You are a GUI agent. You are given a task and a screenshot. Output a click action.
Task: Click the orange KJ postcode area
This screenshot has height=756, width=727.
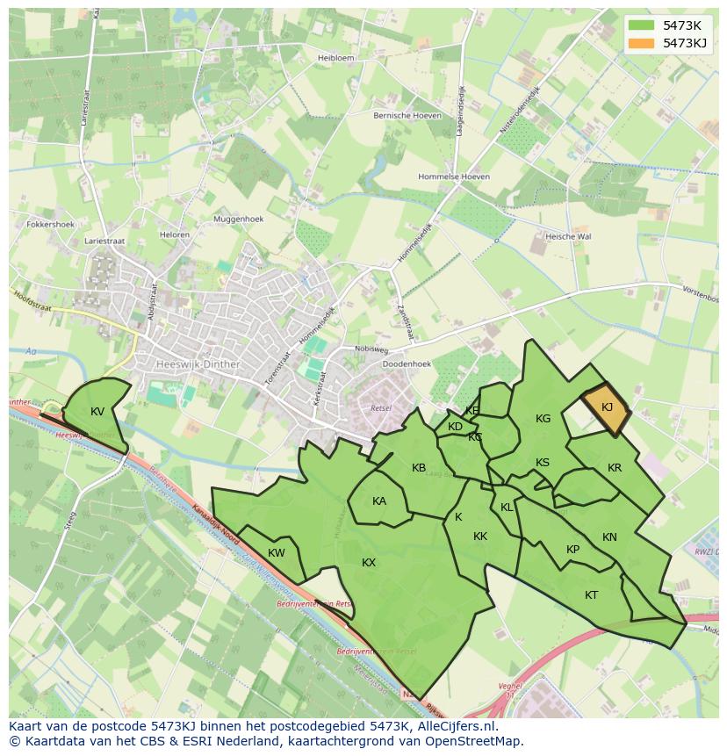coord(606,409)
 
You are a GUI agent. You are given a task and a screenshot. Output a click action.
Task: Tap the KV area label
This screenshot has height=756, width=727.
coord(97,412)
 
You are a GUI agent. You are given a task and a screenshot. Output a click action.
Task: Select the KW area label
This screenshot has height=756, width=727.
coord(277,553)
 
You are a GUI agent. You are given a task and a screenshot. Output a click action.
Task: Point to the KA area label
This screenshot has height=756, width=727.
coord(379,502)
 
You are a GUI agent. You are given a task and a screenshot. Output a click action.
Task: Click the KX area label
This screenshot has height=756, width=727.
coord(369,563)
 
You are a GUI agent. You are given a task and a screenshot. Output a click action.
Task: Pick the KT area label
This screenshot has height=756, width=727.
coord(592,595)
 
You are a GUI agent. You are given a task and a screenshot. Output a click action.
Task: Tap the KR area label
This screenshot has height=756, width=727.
coord(615,468)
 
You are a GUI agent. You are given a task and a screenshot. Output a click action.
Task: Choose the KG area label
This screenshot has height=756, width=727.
coord(543,419)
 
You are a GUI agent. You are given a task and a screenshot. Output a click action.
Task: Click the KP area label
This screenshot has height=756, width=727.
coord(572,551)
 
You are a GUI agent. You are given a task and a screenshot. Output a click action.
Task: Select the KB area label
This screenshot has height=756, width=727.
coord(419,468)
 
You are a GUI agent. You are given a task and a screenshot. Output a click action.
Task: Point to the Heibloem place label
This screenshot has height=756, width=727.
coord(336,57)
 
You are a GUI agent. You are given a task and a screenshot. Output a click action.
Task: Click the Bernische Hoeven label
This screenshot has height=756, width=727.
coord(407,115)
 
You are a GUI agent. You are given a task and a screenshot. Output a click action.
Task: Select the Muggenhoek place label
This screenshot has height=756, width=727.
coord(238,219)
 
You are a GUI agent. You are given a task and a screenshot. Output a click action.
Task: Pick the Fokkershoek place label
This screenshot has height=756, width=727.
coord(51,224)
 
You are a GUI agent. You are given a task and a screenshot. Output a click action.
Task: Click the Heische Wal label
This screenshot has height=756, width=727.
coord(568,236)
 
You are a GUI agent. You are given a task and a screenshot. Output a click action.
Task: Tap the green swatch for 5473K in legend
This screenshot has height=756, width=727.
coord(642,25)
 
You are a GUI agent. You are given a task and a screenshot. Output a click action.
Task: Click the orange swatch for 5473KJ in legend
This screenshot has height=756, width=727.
coord(642,42)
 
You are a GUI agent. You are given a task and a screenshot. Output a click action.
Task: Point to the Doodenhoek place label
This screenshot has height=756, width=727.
coord(407,364)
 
